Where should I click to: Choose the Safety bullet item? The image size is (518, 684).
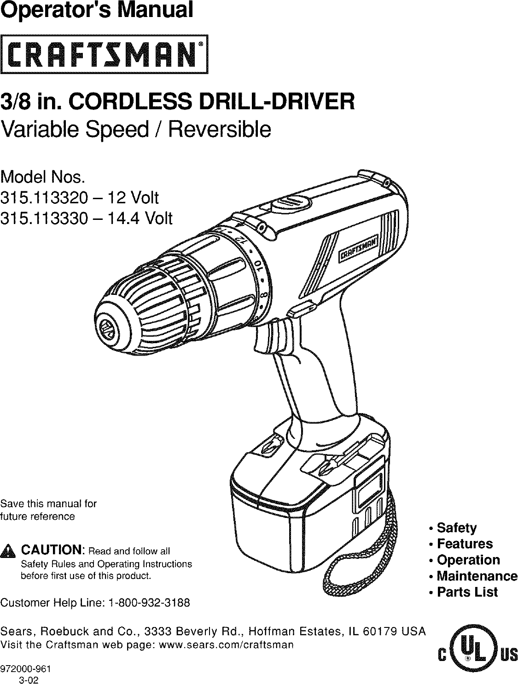456,528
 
